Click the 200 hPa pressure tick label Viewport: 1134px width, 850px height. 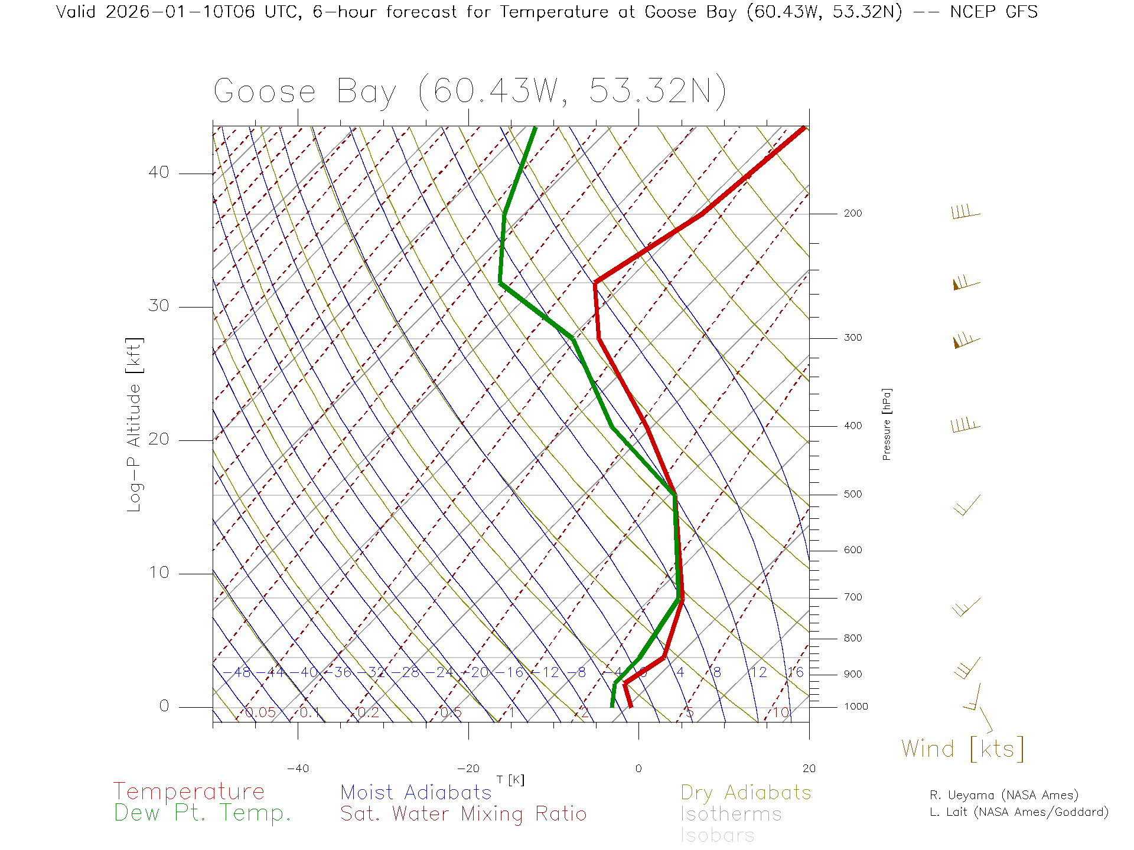coord(852,214)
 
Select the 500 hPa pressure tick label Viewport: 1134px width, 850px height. coord(852,495)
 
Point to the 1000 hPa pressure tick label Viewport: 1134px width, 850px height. coord(855,707)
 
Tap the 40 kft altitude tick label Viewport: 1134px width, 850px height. coord(158,172)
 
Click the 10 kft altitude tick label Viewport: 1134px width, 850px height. coord(158,573)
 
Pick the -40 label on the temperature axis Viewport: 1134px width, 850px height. coord(298,769)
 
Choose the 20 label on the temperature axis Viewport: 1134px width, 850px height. coord(809,769)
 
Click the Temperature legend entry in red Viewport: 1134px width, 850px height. coord(189,792)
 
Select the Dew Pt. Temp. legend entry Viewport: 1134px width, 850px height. coord(203,813)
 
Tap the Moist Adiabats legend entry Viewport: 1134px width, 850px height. coord(416,793)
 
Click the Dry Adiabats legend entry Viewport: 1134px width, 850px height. coord(746,793)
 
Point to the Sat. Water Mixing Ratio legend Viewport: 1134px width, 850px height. coord(464,814)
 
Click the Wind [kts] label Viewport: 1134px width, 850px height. coord(963,749)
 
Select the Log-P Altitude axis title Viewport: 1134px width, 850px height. coord(135,425)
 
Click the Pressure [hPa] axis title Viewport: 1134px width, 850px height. coord(887,424)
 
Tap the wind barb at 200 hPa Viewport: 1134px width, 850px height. coord(966,212)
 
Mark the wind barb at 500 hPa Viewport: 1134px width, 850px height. coord(967,505)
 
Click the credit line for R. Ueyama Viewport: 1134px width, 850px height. coord(1004,795)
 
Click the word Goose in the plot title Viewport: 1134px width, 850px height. coord(265,92)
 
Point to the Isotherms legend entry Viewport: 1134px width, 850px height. coord(731,815)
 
